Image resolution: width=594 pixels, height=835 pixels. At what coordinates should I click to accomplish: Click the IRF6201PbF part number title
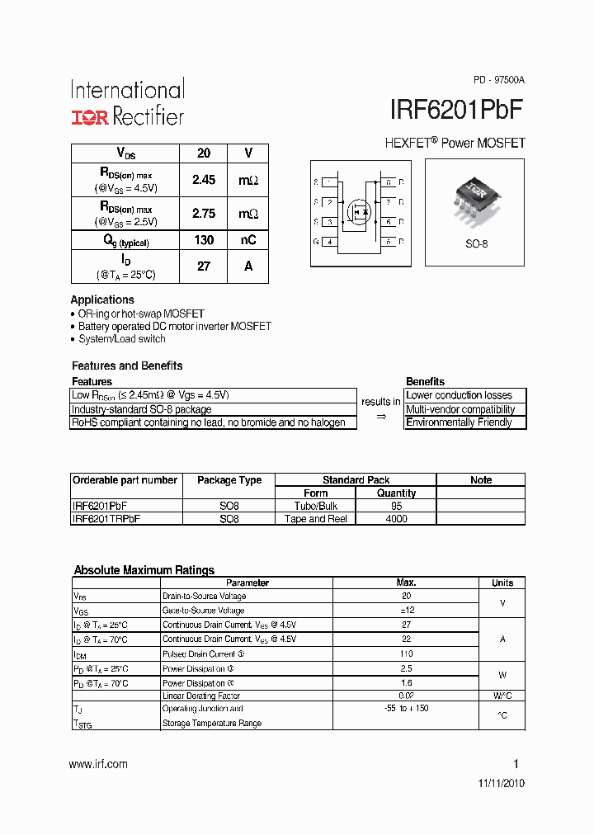pyautogui.click(x=456, y=111)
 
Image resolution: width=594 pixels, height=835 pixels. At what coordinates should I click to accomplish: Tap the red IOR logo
pyautogui.click(x=89, y=117)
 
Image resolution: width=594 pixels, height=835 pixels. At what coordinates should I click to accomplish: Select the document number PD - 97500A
pyautogui.click(x=498, y=80)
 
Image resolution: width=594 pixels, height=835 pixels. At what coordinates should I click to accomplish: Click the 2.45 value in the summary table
pyautogui.click(x=204, y=180)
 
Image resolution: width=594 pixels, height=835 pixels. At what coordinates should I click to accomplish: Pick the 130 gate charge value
pyautogui.click(x=204, y=240)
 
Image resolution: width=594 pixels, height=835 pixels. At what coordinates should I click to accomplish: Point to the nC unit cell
pyautogui.click(x=248, y=240)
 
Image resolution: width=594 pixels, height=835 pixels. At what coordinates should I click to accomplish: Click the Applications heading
pyautogui.click(x=102, y=300)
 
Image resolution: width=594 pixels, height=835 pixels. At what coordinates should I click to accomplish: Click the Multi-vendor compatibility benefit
pyautogui.click(x=460, y=409)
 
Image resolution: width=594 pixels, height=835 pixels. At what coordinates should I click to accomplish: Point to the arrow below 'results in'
pyautogui.click(x=380, y=417)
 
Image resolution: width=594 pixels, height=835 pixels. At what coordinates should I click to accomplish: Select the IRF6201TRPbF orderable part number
pyautogui.click(x=106, y=519)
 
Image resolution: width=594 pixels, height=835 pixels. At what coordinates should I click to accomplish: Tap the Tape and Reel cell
pyautogui.click(x=316, y=519)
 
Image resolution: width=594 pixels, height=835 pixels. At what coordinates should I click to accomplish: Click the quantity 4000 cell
pyautogui.click(x=396, y=519)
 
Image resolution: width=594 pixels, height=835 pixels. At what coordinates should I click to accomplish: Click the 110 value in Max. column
pyautogui.click(x=406, y=653)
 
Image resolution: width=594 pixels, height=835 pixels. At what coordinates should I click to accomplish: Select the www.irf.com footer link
pyautogui.click(x=98, y=764)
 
